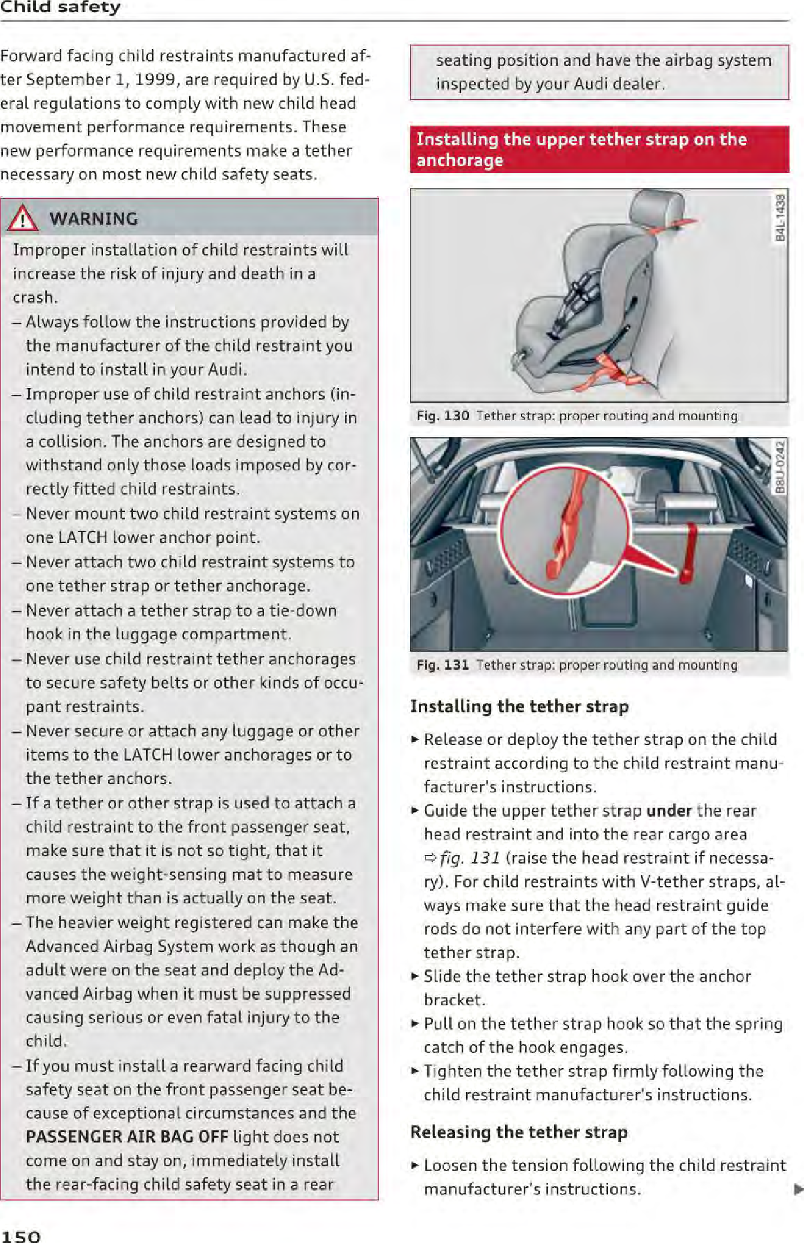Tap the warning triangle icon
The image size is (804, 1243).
[23, 219]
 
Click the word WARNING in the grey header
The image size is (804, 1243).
[93, 219]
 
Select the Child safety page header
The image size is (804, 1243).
[60, 7]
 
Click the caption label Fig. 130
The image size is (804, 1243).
[443, 416]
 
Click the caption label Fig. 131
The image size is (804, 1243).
[443, 665]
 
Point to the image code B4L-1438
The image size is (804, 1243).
[780, 218]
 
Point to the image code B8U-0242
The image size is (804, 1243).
[780, 467]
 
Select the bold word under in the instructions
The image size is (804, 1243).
[669, 810]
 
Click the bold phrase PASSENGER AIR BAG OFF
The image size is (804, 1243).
[127, 1137]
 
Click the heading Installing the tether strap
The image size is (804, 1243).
[519, 706]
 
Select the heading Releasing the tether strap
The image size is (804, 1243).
[519, 1132]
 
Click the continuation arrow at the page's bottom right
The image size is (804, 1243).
[798, 1189]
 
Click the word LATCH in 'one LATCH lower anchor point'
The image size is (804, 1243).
[83, 537]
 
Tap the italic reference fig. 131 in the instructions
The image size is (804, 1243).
[470, 858]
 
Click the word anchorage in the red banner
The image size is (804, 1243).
[459, 161]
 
